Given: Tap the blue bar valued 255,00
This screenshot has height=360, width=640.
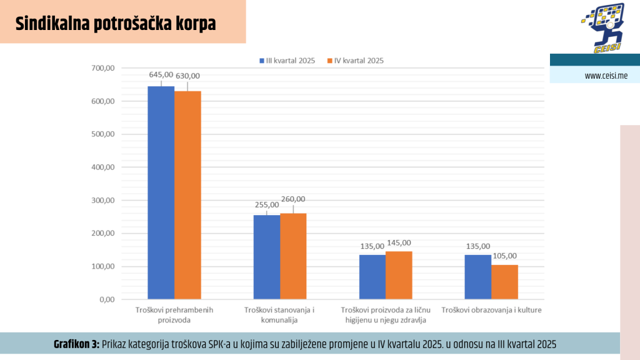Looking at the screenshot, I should coord(266,257).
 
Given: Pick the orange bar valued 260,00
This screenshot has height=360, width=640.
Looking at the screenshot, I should coord(293,256).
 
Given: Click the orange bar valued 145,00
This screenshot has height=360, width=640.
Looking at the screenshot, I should coord(399,275).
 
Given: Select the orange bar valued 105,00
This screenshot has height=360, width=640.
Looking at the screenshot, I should coord(504,282).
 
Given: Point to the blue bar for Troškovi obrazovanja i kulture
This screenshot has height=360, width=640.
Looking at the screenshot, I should coord(477,277).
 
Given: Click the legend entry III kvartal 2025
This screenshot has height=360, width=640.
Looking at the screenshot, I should coord(287,61).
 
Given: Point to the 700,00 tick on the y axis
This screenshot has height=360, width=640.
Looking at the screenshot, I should coord(102,68).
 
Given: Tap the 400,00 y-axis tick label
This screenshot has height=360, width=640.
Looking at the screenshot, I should coord(102,167).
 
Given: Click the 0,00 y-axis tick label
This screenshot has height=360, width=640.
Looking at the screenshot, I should coord(106,300).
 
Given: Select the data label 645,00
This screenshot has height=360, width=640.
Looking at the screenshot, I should coord(161,74).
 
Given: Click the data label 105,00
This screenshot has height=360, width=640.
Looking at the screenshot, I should coord(504,256).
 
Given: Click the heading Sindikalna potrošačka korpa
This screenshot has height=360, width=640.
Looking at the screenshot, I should coord(116,24).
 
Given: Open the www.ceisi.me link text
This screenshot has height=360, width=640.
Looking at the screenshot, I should coord(606,76).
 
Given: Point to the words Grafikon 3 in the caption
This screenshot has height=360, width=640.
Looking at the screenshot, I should coord(76,344).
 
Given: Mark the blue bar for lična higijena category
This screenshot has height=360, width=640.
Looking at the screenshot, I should coord(372,277).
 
